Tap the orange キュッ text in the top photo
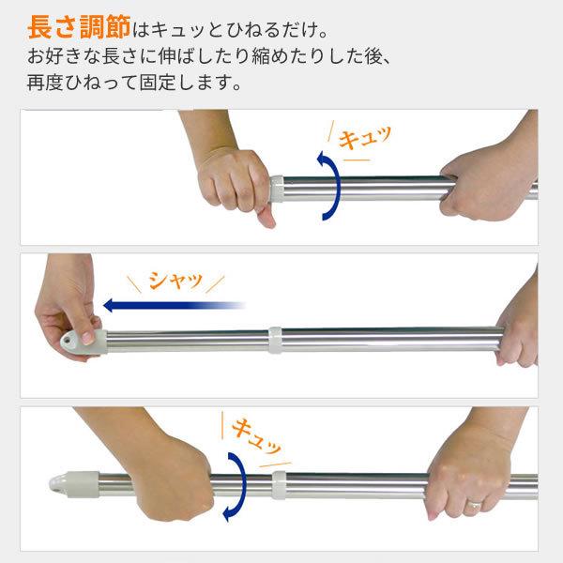coord(365,141)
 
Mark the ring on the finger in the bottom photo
coord(476,507)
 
